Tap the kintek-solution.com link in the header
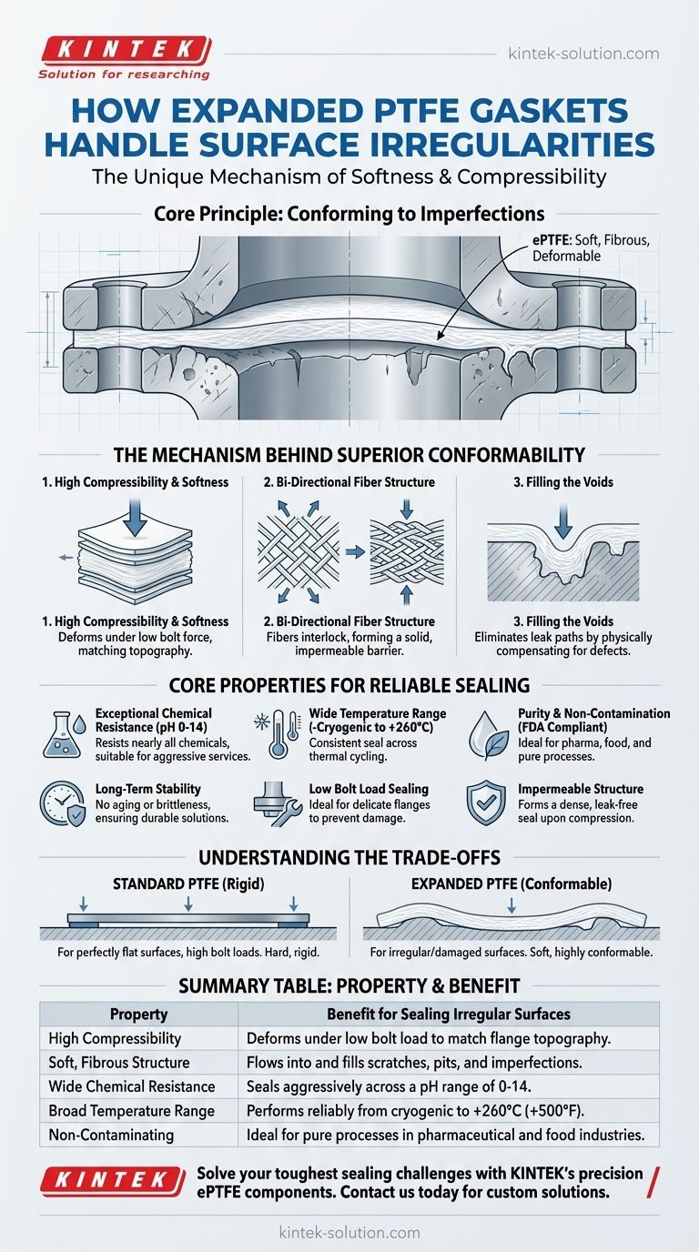(583, 54)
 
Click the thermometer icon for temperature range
(272, 733)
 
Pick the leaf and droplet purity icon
(486, 733)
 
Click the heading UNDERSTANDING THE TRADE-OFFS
(349, 857)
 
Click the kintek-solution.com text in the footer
(349, 1232)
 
